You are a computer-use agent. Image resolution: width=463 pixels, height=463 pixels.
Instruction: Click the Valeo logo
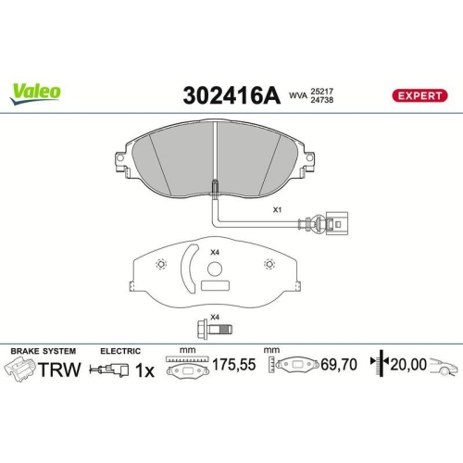click(37, 91)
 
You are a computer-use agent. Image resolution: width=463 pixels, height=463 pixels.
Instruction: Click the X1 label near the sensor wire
click(277, 209)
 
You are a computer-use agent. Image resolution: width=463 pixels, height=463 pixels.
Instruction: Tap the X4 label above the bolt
click(214, 318)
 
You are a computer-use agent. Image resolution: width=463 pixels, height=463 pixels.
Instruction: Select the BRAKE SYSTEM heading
click(43, 351)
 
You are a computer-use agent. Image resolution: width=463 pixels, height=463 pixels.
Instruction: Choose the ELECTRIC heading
click(119, 351)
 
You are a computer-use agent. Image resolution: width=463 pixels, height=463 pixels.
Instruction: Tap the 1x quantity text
click(144, 369)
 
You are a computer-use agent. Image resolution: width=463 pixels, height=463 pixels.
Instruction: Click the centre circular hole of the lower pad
click(215, 270)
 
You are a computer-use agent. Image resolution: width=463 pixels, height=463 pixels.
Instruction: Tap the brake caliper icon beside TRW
click(20, 369)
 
